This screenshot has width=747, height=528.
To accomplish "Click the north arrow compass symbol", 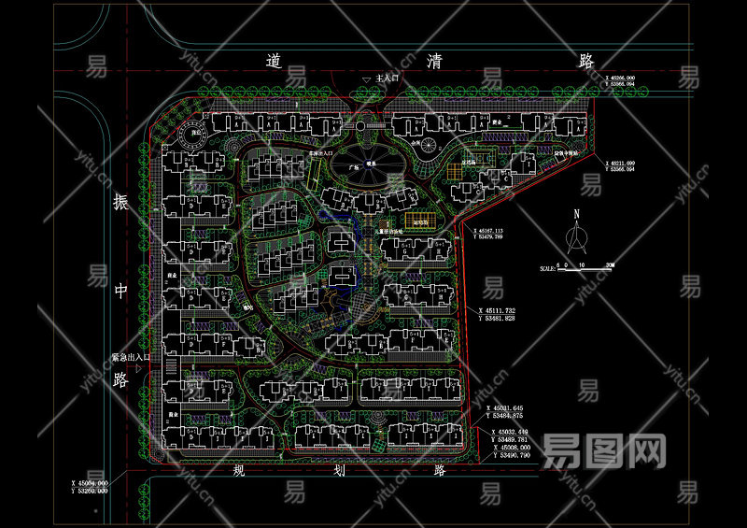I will [576, 239].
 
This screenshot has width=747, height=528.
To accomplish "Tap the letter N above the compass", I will [576, 214].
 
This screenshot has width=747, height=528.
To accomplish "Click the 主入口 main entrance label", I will [386, 80].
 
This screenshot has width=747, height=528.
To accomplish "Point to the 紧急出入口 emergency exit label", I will [130, 357].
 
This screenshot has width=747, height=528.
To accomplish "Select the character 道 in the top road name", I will [273, 62].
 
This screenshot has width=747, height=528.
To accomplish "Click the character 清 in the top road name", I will [435, 62].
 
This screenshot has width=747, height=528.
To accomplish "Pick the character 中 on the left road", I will [120, 291].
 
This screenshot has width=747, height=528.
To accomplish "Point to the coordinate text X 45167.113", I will [500, 230].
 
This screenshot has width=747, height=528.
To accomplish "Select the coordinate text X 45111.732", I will [510, 309].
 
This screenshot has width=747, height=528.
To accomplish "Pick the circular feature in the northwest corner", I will [197, 136].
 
